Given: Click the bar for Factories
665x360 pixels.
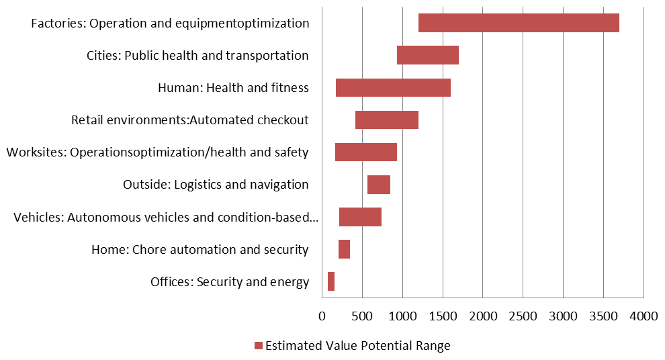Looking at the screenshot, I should click(x=518, y=23).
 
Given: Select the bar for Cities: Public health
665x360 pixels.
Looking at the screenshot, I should click(x=427, y=55).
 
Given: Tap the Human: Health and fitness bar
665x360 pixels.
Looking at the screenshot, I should click(x=393, y=87).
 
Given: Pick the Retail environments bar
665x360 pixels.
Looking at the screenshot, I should click(x=386, y=120).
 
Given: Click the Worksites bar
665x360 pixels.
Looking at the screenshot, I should click(x=365, y=152).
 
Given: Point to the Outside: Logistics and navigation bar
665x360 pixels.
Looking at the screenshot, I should click(x=378, y=184).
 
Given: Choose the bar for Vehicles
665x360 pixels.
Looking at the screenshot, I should click(x=360, y=217).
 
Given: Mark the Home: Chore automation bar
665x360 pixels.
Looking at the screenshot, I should click(x=344, y=249).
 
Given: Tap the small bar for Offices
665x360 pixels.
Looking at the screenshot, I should click(x=331, y=281).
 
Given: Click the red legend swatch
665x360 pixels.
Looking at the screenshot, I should click(x=258, y=346).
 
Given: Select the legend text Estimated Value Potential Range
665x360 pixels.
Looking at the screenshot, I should click(x=357, y=346).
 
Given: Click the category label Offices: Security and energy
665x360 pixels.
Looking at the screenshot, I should click(x=230, y=281).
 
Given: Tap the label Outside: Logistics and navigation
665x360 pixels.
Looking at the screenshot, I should click(x=216, y=185).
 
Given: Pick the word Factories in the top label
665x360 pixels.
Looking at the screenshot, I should click(x=58, y=24).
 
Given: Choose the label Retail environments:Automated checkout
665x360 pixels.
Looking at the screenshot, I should click(x=190, y=120).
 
